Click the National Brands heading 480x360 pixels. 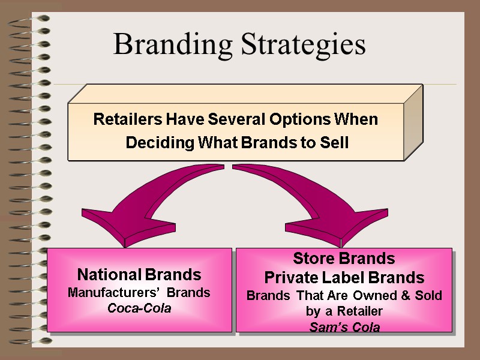[x=139, y=275]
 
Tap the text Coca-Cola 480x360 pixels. [x=139, y=308]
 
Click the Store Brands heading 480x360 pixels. [x=344, y=259]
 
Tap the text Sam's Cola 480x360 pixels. [x=344, y=328]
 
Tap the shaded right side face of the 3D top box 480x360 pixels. [x=413, y=123]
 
